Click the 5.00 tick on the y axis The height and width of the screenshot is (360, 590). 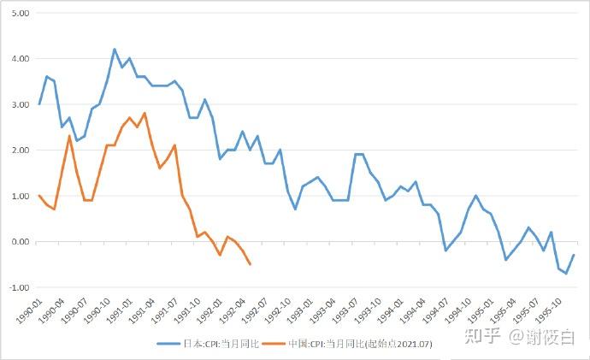[x=19, y=14]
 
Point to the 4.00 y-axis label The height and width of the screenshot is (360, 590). [x=19, y=59]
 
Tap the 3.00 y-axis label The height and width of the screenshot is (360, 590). [x=19, y=104]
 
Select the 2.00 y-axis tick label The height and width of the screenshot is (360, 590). [x=19, y=150]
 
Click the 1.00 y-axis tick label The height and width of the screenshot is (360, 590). [x=19, y=196]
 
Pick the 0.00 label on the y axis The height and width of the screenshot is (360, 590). [x=19, y=242]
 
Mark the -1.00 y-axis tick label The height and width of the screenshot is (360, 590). [x=18, y=287]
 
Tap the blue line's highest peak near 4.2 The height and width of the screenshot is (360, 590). [x=115, y=49]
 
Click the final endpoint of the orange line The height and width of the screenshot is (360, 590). [x=250, y=264]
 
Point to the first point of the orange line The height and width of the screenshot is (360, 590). [x=39, y=196]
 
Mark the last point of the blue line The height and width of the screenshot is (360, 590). [x=574, y=255]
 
